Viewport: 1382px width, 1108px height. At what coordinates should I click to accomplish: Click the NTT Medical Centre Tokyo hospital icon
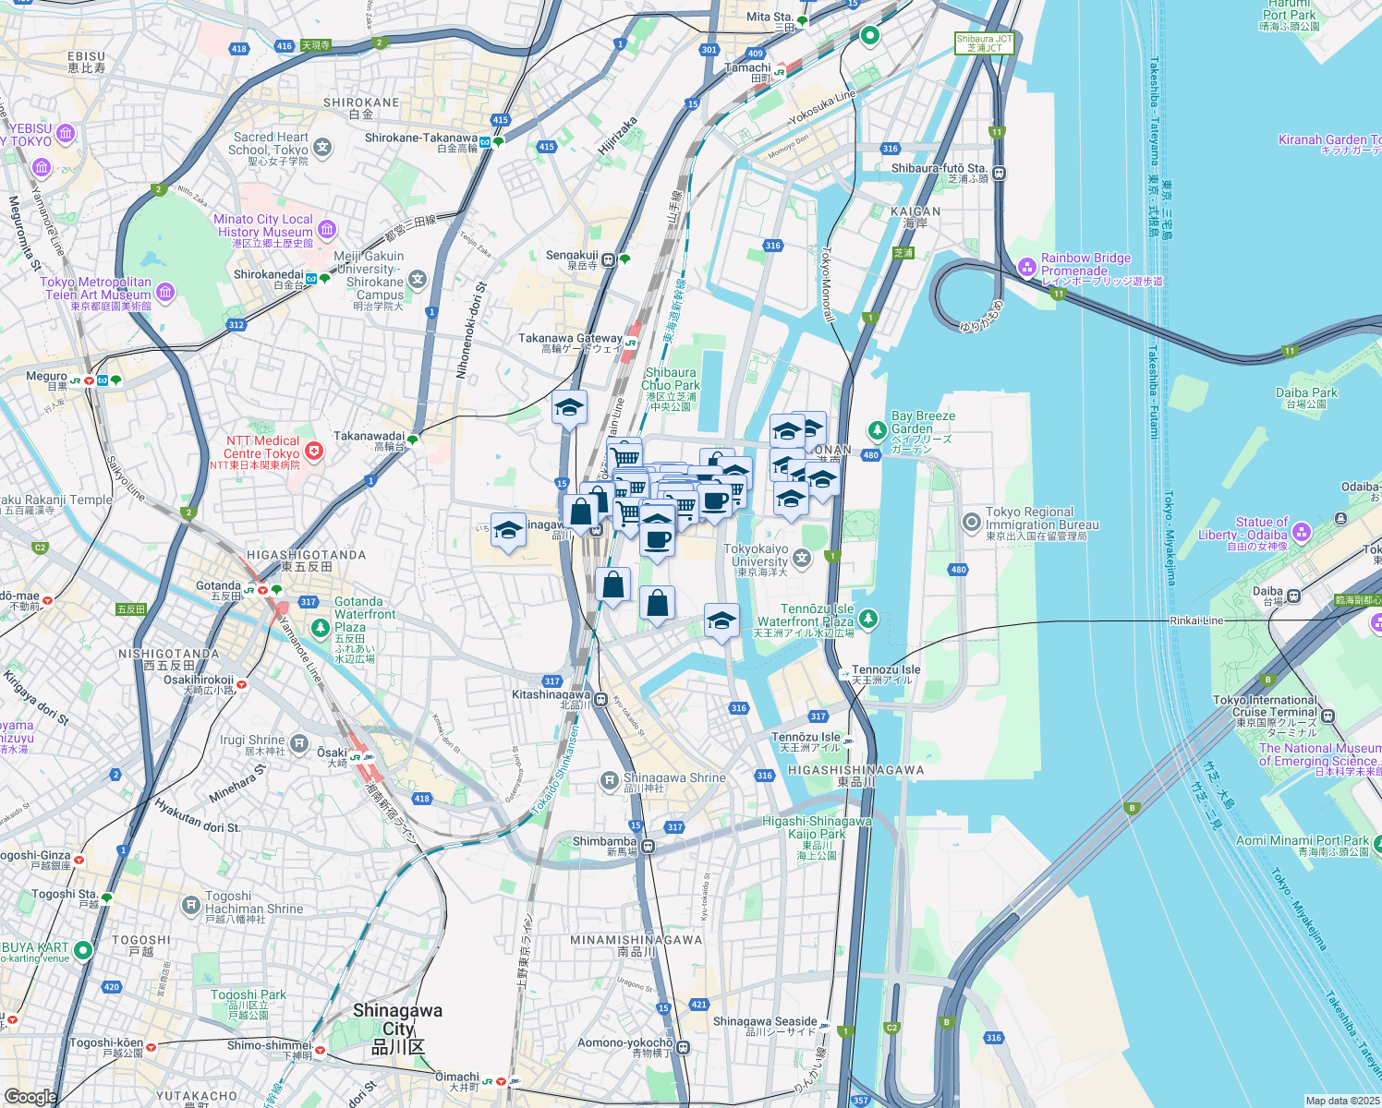point(315,451)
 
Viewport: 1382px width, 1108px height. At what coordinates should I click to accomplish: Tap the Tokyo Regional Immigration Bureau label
point(1041,524)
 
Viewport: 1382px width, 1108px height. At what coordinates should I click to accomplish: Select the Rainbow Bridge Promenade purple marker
point(1026,267)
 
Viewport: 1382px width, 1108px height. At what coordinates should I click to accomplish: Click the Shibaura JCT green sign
point(984,43)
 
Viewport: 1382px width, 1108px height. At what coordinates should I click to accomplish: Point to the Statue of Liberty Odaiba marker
point(1302,532)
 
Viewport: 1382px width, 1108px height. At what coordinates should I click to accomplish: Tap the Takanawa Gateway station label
point(570,343)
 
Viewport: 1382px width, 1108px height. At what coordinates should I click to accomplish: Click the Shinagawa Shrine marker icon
point(609,781)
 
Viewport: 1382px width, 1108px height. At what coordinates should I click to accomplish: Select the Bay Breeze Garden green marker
point(877,430)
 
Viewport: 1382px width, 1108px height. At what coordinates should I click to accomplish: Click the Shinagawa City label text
point(397,1029)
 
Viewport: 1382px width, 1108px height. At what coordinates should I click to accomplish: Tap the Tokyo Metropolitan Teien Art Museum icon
point(165,293)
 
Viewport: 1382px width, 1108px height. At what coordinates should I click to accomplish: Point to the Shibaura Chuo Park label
point(671,379)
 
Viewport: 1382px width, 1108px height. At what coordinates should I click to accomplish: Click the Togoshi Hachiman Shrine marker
point(190,904)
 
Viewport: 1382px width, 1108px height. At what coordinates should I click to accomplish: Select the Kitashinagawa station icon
point(600,699)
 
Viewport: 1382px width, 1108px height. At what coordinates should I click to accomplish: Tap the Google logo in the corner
point(30,1096)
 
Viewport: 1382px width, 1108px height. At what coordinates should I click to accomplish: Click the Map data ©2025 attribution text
point(1341,1101)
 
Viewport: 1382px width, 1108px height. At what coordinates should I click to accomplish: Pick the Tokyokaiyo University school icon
point(802,557)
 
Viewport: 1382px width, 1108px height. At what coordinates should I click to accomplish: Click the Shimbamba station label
point(604,842)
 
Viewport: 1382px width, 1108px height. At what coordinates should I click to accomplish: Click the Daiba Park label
point(1306,393)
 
